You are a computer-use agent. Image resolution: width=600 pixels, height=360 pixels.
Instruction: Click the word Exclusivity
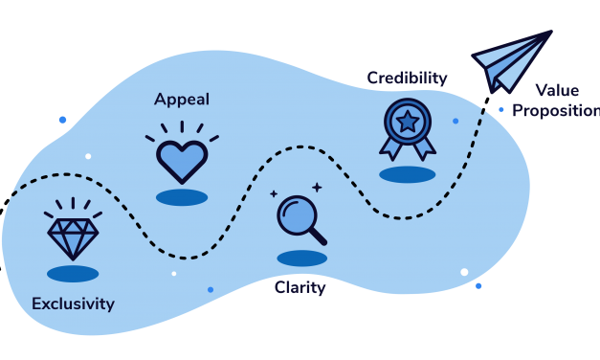pos(73,304)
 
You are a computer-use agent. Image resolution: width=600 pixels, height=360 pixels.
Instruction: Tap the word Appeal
pos(182,100)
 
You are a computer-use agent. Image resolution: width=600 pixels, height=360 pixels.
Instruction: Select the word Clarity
pos(300,287)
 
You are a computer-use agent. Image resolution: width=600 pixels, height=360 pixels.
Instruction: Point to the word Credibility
pos(407,77)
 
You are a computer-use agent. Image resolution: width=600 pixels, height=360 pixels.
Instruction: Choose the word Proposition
pos(556,111)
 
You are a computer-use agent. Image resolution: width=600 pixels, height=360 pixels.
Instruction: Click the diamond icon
pos(73,233)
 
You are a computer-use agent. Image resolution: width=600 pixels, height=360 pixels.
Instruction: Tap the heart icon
pos(182,160)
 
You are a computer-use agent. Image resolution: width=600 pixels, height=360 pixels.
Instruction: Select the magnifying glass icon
pos(300,220)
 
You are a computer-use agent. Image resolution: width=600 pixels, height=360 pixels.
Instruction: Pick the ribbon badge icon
pos(407,127)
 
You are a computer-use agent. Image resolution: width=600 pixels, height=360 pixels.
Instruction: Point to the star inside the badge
pos(407,121)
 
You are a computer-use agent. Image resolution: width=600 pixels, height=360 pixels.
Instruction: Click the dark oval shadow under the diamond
pos(73,274)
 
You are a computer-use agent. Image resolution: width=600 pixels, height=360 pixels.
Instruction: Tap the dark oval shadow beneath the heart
pos(182,198)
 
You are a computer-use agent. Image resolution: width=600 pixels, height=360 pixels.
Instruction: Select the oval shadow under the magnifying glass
pos(301,259)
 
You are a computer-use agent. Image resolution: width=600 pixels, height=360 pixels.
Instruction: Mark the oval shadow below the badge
pos(407,175)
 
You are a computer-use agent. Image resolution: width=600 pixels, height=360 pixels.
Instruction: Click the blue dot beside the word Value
pos(501,109)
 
